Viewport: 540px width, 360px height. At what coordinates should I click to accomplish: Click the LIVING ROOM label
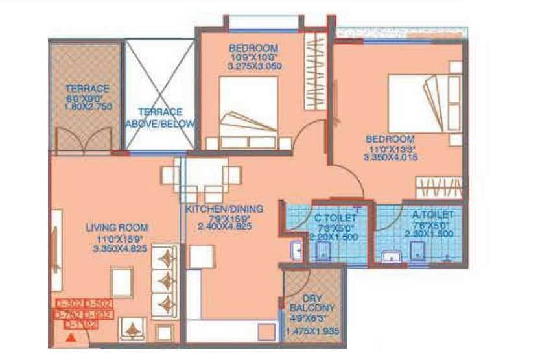click(x=117, y=227)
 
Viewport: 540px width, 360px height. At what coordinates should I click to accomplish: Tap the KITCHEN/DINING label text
click(x=224, y=209)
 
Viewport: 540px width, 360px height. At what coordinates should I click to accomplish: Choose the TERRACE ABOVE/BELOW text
click(x=159, y=117)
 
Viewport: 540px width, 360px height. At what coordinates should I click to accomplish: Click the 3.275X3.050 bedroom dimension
click(x=253, y=67)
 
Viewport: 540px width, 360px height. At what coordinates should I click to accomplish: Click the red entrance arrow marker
click(x=71, y=337)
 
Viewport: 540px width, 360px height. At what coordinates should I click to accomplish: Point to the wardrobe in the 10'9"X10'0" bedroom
click(x=316, y=71)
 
